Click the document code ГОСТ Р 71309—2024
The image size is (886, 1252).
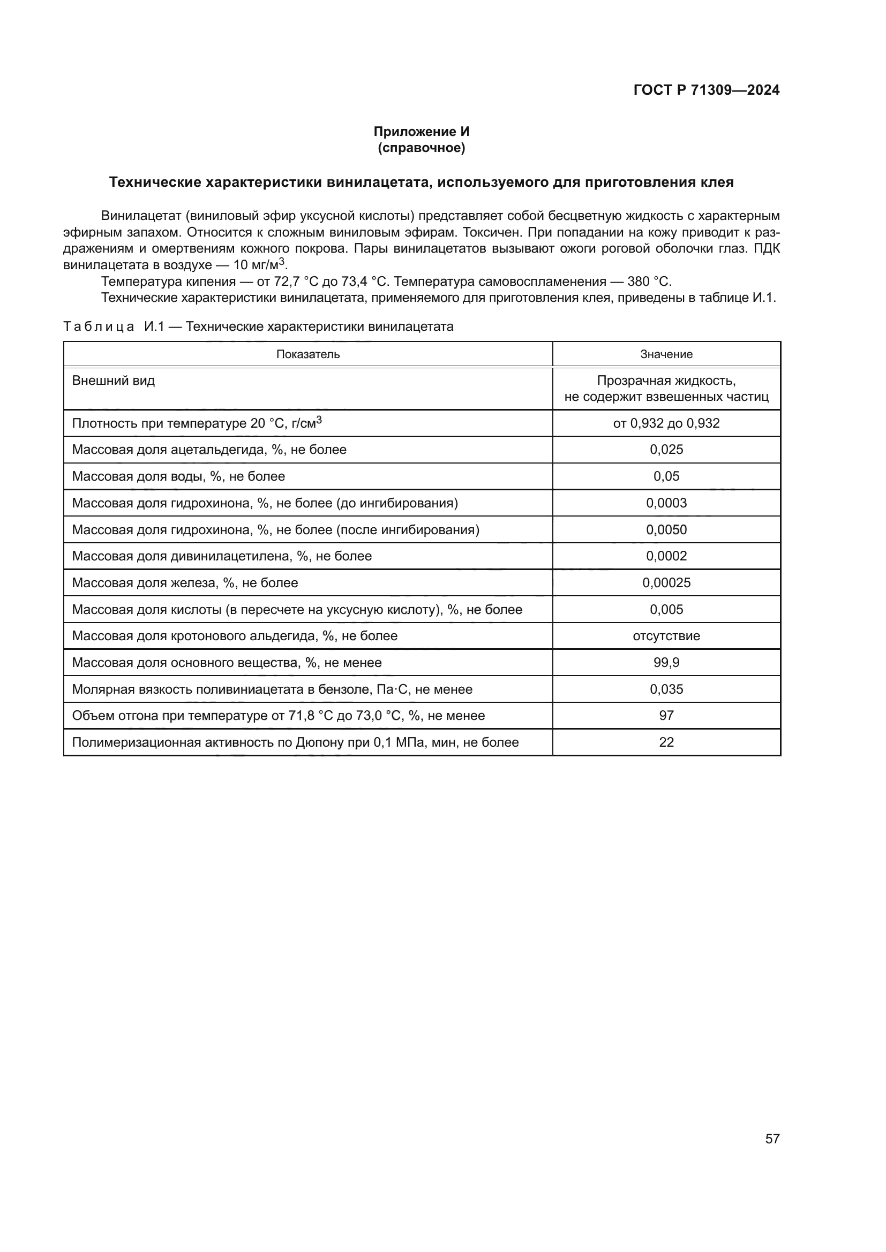click(x=706, y=90)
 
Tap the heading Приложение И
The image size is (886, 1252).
click(x=421, y=132)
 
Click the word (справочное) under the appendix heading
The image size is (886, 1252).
click(x=421, y=148)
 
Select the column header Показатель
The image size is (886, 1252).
click(x=307, y=354)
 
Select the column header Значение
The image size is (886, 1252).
click(x=666, y=354)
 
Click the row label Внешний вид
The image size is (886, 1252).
click(x=114, y=381)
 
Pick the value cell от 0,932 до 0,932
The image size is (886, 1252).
click(x=666, y=423)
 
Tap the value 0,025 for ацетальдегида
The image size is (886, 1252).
click(x=666, y=450)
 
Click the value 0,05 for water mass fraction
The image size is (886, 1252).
click(x=666, y=476)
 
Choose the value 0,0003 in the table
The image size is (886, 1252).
click(x=666, y=503)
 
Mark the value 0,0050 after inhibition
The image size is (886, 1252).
click(x=666, y=529)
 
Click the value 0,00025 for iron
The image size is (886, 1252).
click(x=666, y=583)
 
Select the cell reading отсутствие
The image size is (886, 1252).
click(x=666, y=636)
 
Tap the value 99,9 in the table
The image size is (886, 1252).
click(x=666, y=663)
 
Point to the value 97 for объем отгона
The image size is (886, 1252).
click(x=666, y=716)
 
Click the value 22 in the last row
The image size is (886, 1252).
click(x=666, y=742)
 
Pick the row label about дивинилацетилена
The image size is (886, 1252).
click(x=222, y=556)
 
